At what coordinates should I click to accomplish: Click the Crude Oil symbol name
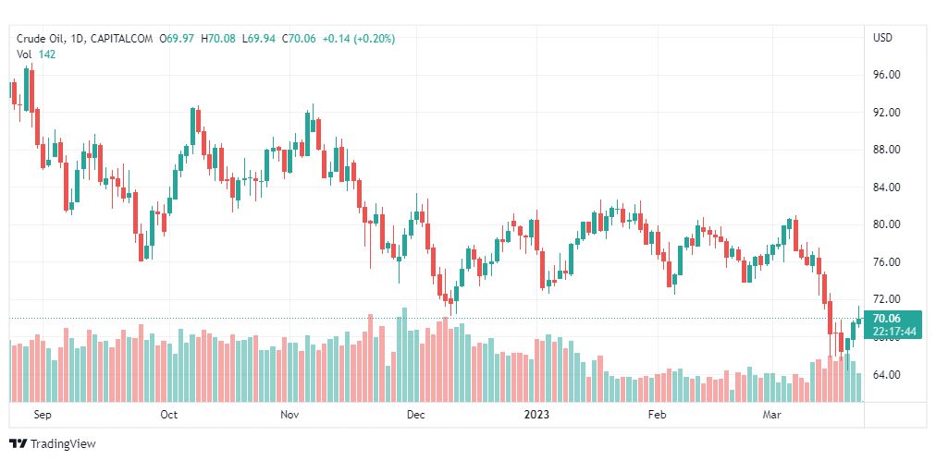tap(42, 39)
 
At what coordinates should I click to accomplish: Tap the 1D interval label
tap(78, 39)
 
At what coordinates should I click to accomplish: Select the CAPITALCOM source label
tap(121, 39)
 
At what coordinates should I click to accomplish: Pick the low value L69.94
tap(258, 39)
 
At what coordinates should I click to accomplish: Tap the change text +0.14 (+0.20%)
tap(356, 39)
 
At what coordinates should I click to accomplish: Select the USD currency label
tap(882, 38)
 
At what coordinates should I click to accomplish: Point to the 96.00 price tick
tap(887, 75)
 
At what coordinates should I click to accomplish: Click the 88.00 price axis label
tap(887, 150)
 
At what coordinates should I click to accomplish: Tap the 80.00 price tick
tap(887, 224)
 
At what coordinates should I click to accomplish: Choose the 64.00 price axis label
tap(887, 374)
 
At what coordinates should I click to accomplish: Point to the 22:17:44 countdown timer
tap(893, 332)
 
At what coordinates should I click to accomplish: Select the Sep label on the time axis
tap(42, 415)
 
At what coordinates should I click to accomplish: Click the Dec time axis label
tap(415, 415)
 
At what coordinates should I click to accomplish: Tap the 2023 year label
tap(537, 415)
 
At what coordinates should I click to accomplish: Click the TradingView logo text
tap(63, 444)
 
